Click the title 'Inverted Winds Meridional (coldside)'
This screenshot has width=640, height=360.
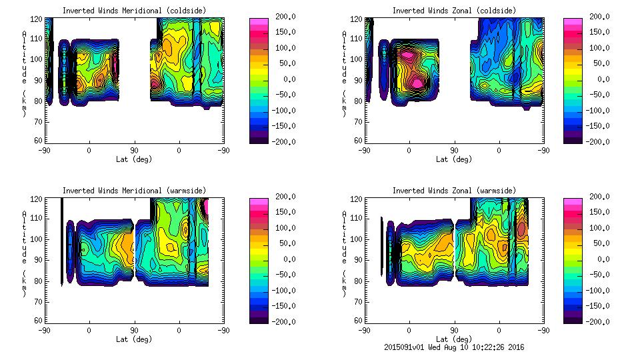(x=134, y=10)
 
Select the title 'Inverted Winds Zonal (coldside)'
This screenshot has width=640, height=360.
(x=454, y=10)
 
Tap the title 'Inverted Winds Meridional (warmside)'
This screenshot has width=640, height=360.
(x=134, y=191)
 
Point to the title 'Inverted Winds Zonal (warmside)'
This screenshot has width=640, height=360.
(x=454, y=191)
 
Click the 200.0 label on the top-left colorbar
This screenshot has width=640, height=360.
(x=282, y=16)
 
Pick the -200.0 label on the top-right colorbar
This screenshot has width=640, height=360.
(x=597, y=141)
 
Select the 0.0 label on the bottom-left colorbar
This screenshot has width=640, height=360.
(x=282, y=259)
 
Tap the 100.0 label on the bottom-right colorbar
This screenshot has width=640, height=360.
(x=597, y=228)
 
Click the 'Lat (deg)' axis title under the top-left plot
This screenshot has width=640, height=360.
(x=135, y=159)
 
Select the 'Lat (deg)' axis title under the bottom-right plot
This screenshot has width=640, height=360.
(x=455, y=339)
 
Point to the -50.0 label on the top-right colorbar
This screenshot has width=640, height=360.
(x=597, y=94)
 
